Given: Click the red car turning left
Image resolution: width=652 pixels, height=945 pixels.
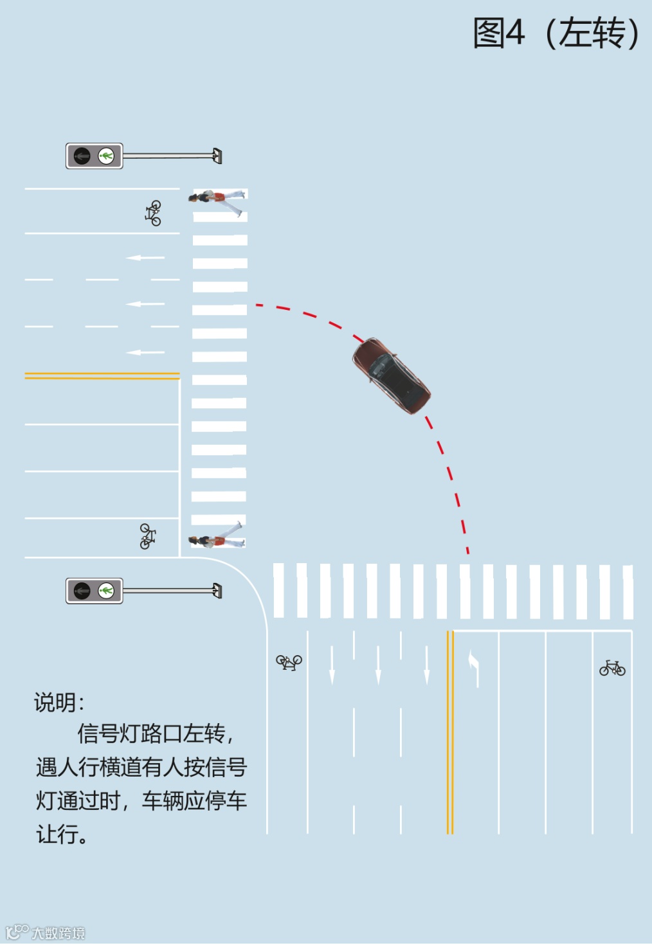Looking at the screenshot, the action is tap(391, 376).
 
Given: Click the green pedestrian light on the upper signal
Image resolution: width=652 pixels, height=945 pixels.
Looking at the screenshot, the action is tap(106, 156).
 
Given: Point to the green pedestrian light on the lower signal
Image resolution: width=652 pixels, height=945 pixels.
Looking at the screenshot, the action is tap(106, 590).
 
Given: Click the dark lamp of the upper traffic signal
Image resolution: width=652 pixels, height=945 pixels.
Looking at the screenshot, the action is tap(82, 156).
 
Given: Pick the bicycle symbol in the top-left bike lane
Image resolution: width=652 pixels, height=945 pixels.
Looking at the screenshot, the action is tap(153, 213).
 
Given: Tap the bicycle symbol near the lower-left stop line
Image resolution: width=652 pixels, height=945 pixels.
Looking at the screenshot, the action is tap(147, 536).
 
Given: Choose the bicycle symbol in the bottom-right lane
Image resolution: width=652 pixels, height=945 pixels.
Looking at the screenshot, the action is tap(612, 668).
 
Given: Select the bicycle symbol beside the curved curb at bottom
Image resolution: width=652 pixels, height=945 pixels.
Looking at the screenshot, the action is tap(289, 661).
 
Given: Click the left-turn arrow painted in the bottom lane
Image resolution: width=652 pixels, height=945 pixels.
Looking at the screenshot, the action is tap(475, 669).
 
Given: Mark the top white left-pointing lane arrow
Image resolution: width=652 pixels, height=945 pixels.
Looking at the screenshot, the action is tap(145, 258).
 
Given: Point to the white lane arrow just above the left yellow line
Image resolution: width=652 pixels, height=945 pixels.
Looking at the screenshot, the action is tap(145, 352).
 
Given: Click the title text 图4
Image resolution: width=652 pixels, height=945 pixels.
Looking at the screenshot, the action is tap(499, 33).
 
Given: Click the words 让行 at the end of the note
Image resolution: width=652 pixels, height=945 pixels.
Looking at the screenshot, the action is tap(58, 834).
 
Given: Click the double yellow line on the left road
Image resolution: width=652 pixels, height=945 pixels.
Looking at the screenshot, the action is tap(102, 375).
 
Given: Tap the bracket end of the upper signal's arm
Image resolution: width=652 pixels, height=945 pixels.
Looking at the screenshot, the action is tap(217, 156).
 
